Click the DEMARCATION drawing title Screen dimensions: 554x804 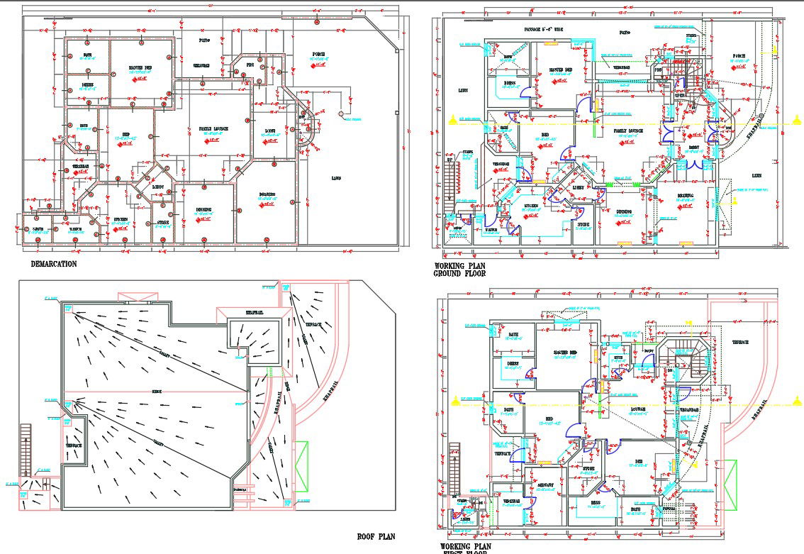[x=54, y=264]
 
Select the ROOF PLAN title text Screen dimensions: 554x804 [x=376, y=537]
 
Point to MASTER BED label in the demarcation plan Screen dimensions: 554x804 [x=140, y=68]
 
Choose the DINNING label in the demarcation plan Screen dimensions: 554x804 [x=205, y=209]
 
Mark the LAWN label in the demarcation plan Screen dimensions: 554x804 [x=335, y=177]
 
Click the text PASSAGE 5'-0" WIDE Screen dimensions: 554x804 [x=544, y=30]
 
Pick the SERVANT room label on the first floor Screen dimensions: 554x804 [x=545, y=485]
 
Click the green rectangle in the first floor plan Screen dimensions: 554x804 [x=728, y=484]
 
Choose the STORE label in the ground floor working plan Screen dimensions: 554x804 [x=583, y=224]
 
